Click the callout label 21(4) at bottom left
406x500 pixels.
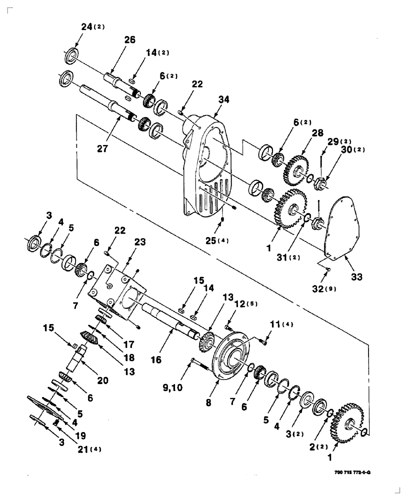coord(89,448)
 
